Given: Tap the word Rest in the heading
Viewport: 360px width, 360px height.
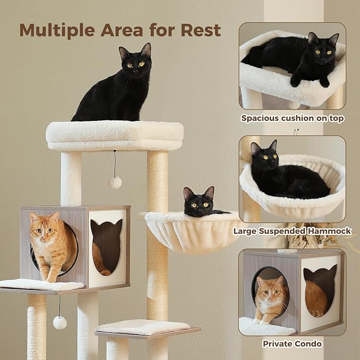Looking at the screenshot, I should [200, 30].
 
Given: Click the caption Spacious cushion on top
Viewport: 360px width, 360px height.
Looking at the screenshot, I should [292, 118].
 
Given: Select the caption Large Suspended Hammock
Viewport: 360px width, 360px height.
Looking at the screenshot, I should [292, 231].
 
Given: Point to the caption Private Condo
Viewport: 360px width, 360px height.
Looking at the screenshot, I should [292, 344].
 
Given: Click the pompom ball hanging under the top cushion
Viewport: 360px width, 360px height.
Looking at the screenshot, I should [115, 183].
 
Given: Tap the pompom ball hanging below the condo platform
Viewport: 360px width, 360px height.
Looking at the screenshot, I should [60, 322].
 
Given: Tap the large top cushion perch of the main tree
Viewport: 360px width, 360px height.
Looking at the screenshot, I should [115, 136].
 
